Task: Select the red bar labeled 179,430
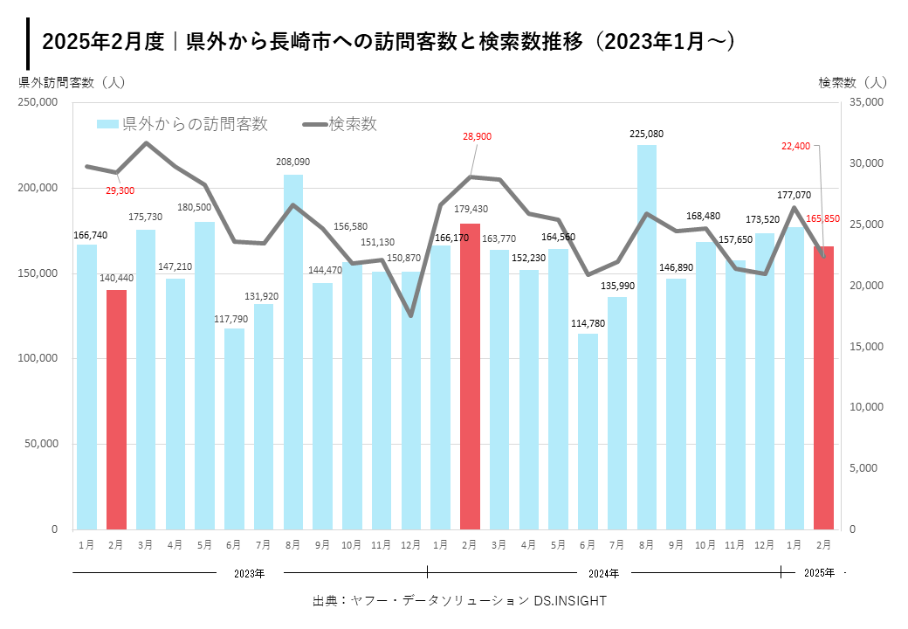pyautogui.click(x=470, y=376)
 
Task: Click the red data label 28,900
pyautogui.click(x=477, y=136)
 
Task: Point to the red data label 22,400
pyautogui.click(x=796, y=146)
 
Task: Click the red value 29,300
pyautogui.click(x=120, y=190)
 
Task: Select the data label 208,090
pyautogui.click(x=292, y=162)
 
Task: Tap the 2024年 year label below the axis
pyautogui.click(x=603, y=574)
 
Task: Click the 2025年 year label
pyautogui.click(x=819, y=574)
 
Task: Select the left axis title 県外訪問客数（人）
pyautogui.click(x=72, y=82)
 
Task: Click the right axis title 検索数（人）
pyautogui.click(x=852, y=82)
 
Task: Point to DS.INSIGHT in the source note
pyautogui.click(x=570, y=601)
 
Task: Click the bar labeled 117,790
pyautogui.click(x=234, y=428)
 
